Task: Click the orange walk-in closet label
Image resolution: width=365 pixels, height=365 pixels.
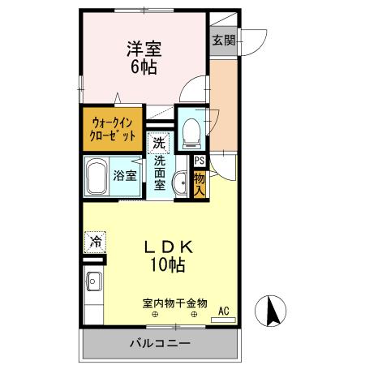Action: [x=113, y=130]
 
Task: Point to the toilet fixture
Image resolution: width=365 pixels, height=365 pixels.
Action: [x=190, y=130]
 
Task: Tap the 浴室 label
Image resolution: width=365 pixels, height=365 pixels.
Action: [x=125, y=175]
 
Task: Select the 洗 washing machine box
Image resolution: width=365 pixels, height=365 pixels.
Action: [x=159, y=143]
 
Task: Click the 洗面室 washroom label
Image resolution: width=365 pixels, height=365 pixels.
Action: [x=160, y=174]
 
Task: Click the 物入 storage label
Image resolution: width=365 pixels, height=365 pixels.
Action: [x=200, y=183]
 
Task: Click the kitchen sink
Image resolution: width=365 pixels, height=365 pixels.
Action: [x=91, y=286]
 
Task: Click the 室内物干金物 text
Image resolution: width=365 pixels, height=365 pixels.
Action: [x=174, y=303]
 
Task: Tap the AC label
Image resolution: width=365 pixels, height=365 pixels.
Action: [x=224, y=309]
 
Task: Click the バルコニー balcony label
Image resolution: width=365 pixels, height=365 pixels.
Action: [x=160, y=344]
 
